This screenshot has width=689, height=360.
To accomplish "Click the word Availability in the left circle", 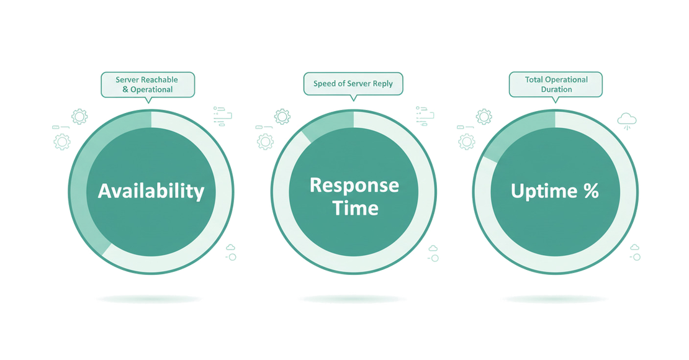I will [151, 191].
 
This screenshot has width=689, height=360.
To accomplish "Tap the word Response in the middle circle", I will [354, 185].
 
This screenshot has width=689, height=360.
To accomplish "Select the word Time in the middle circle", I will [355, 207].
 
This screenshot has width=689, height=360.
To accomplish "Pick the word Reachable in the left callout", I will [160, 79].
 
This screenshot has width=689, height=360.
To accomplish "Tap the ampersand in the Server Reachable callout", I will [125, 89].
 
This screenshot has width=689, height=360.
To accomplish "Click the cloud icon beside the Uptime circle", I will [628, 118].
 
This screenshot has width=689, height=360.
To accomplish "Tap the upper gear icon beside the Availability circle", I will [79, 116].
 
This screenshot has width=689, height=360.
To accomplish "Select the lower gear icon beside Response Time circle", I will [266, 142].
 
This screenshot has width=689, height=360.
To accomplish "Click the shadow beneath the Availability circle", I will [150, 299].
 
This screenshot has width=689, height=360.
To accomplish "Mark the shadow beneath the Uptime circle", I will [554, 299].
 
